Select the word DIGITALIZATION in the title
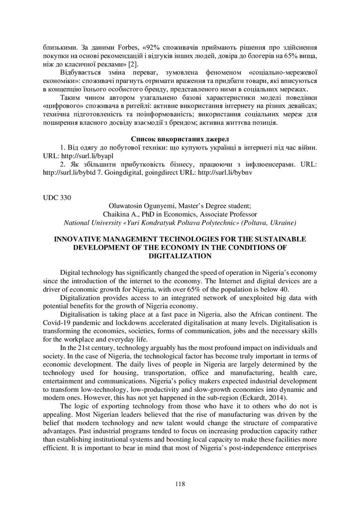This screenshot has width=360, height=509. coord(180,255)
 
